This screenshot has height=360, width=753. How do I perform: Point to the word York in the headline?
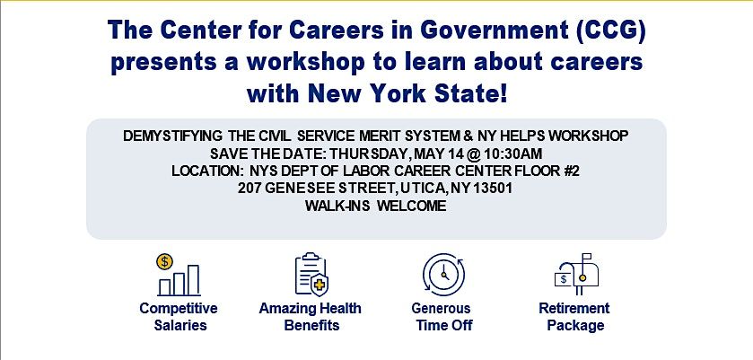pos(394,93)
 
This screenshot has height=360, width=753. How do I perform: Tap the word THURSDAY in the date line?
pos(369,154)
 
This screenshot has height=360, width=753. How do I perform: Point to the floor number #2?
pos(572,171)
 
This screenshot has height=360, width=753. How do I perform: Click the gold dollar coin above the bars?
pos(165,262)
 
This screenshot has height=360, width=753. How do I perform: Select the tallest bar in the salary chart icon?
pos(193,280)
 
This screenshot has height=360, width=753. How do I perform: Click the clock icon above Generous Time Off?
pos(443,275)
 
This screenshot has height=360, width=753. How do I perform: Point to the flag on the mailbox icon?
pos(587,257)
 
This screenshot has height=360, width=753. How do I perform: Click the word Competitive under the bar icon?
pos(179,308)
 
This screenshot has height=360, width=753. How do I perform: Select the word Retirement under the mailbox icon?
pos(574,308)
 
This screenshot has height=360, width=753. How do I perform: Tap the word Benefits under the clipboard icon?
pos(311,325)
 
